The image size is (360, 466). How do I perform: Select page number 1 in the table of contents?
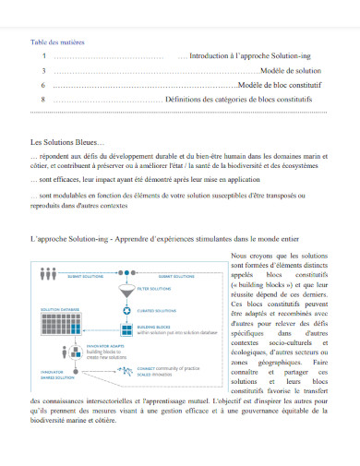pos(44,56)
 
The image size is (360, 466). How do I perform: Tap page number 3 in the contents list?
pos(44,70)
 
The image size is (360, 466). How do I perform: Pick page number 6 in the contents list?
pos(44,84)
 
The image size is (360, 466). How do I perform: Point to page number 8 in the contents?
pos(44,98)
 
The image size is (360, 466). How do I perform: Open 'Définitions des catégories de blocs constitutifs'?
pos(247,98)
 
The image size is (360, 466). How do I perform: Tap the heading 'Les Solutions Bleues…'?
pos(67,142)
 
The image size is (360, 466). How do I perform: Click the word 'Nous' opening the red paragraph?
pos(239,254)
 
